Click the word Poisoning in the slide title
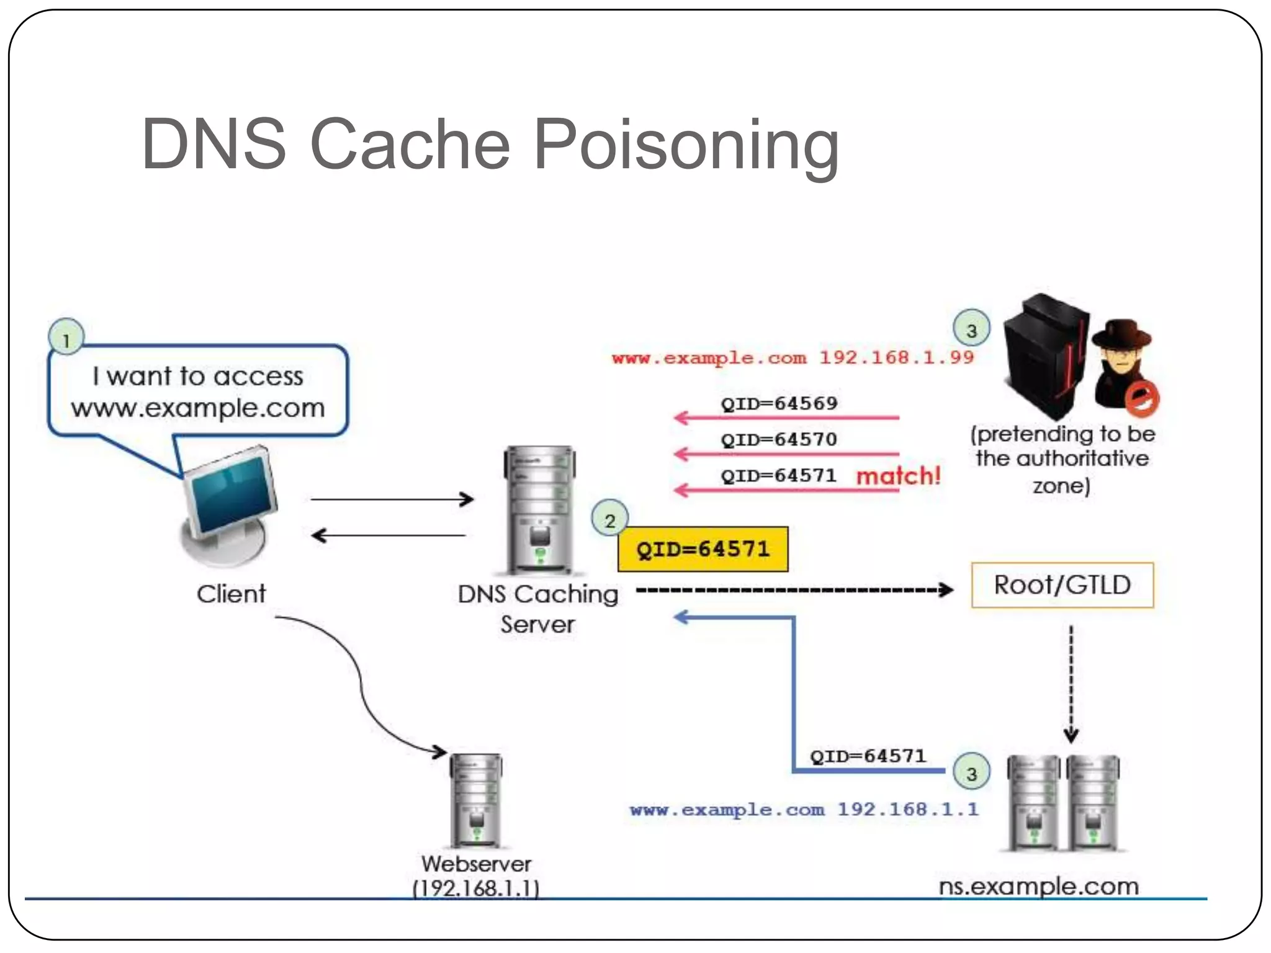(x=686, y=146)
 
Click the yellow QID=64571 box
(x=703, y=549)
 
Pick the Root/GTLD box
(x=1062, y=584)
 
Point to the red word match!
(x=898, y=476)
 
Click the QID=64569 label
(x=779, y=403)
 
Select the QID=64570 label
(x=779, y=439)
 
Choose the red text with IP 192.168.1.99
(x=793, y=358)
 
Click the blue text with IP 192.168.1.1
(x=804, y=810)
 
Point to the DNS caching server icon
(x=539, y=509)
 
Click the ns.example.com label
(x=1038, y=886)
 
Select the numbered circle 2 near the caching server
(x=609, y=519)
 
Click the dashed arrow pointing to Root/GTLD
(x=794, y=589)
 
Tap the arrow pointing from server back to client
(x=388, y=535)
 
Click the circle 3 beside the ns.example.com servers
(x=971, y=772)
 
